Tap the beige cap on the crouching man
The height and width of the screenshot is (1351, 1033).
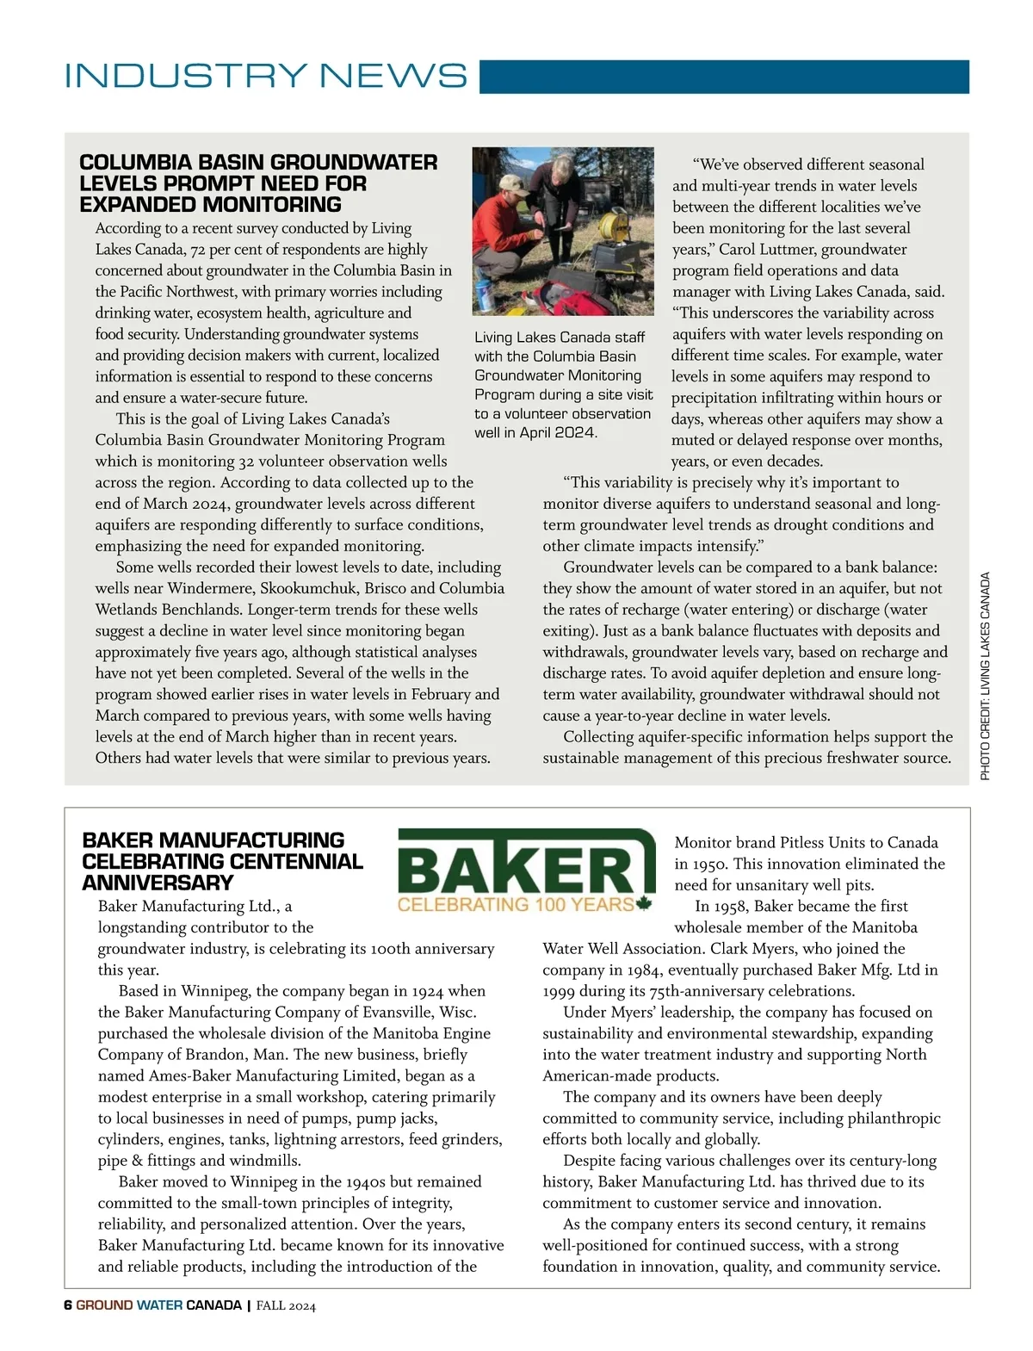point(513,184)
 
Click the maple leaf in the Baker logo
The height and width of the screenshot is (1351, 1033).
point(644,903)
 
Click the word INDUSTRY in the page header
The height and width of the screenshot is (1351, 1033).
point(186,76)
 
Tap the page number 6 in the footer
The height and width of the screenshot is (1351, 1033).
point(68,1305)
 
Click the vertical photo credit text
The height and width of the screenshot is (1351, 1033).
point(985,676)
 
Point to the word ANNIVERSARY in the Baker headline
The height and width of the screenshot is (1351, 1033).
point(158,883)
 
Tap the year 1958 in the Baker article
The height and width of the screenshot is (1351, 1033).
point(731,906)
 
